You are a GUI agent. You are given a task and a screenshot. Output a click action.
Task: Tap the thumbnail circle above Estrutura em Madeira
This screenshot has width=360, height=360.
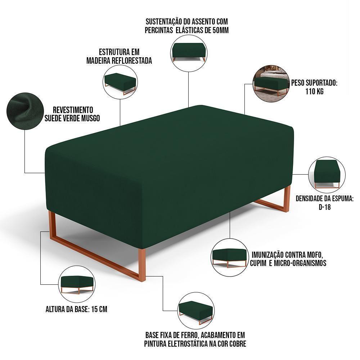pos(120,82)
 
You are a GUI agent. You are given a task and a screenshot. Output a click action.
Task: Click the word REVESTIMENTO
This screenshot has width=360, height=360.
pos(73,109)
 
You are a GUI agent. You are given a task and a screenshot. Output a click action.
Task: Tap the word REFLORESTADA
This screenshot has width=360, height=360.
pos(132,61)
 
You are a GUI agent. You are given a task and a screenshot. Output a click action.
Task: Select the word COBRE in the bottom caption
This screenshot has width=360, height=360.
pos(237,343)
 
